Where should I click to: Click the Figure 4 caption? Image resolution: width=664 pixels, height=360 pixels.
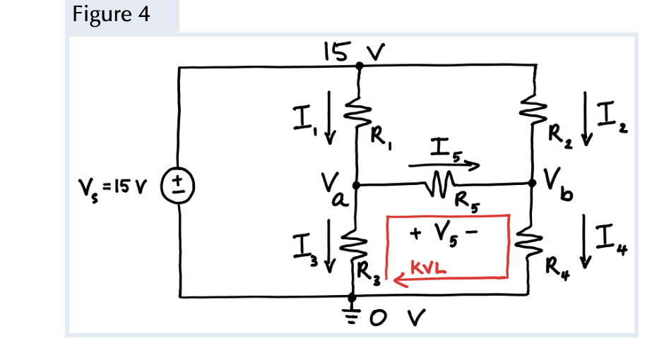[111, 16]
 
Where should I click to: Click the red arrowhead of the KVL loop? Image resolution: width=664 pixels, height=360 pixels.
[398, 282]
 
